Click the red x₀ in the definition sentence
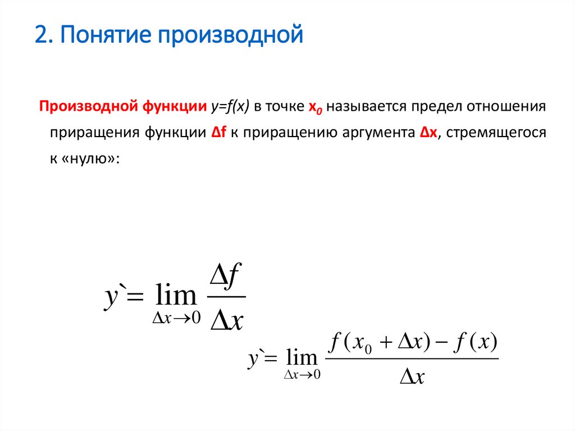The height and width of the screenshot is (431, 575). (x=314, y=107)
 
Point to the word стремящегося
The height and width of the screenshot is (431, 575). (x=495, y=132)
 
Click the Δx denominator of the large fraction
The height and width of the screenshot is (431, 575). (x=226, y=320)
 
